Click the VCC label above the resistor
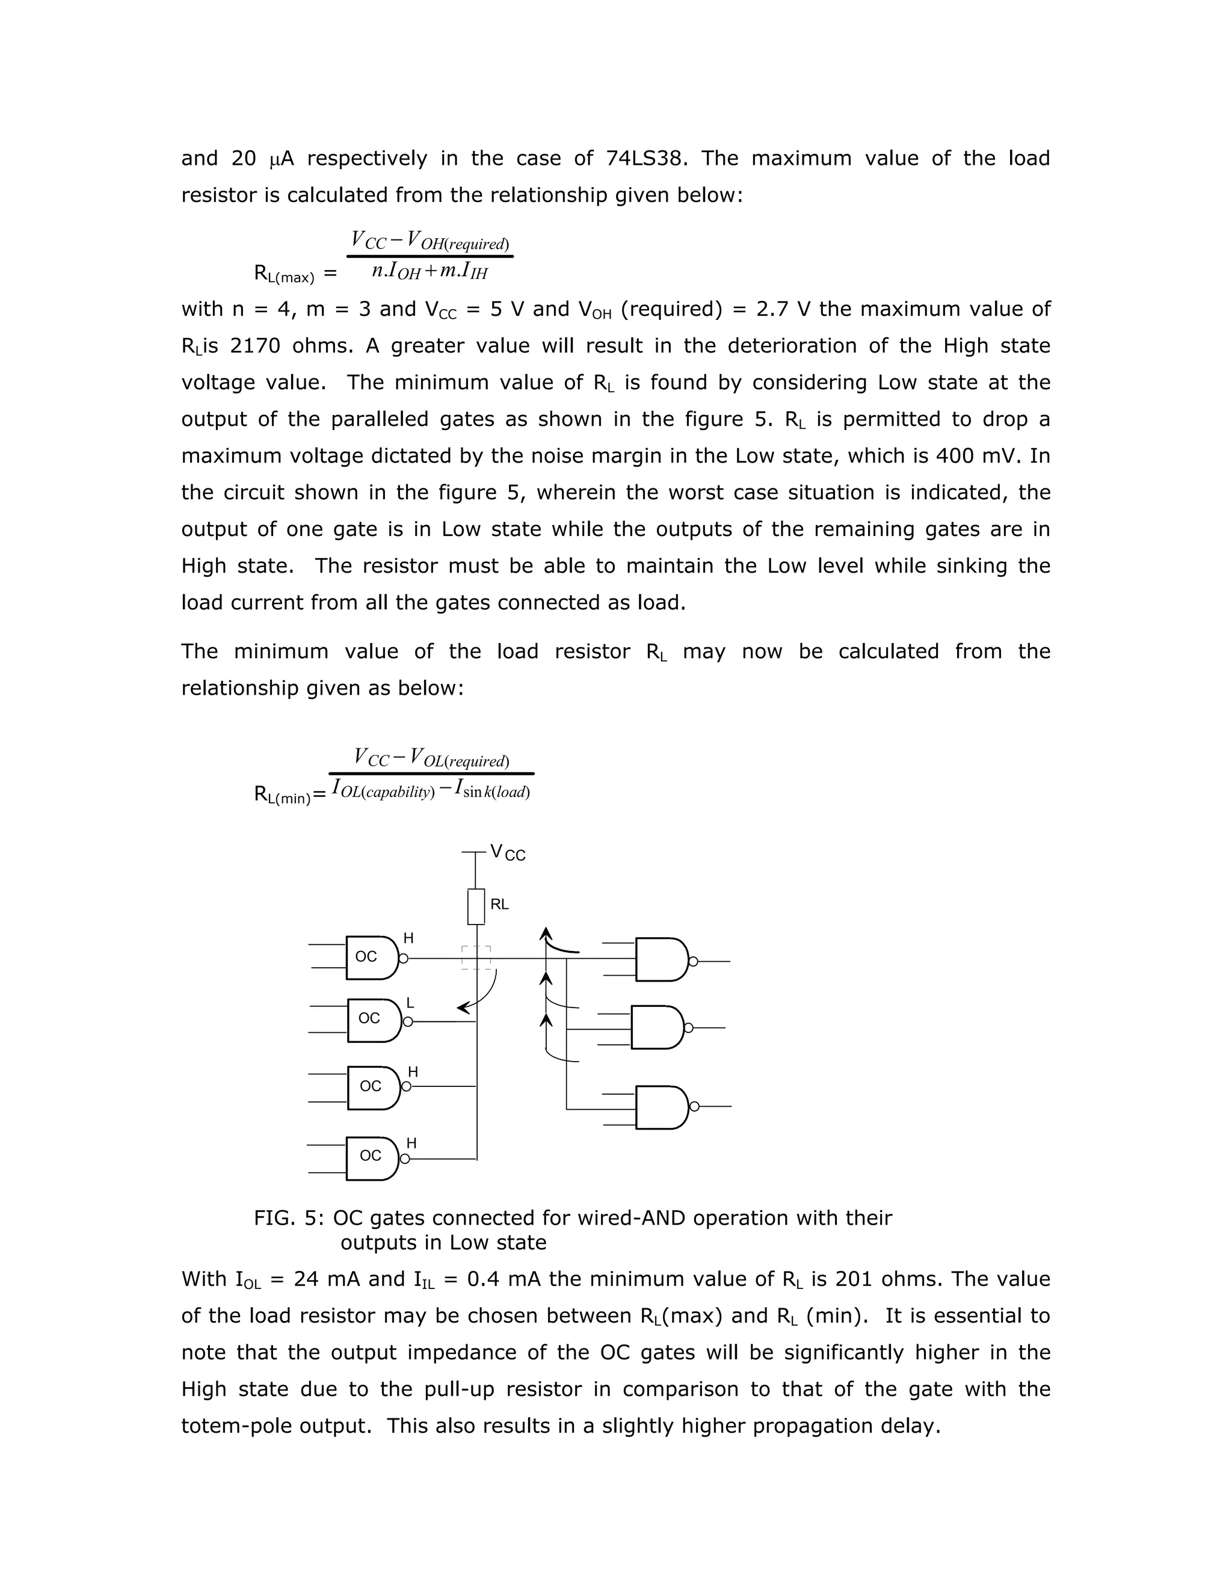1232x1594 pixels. [507, 852]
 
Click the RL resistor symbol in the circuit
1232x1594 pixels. [476, 906]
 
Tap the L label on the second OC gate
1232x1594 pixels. [410, 1003]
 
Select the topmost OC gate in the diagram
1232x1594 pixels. [372, 957]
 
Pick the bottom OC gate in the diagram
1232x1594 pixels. [372, 1159]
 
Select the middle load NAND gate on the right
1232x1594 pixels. [656, 1027]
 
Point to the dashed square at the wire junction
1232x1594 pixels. [476, 958]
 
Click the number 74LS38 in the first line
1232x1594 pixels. [646, 158]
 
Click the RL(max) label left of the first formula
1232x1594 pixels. [283, 274]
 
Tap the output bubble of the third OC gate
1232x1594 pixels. [407, 1087]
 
